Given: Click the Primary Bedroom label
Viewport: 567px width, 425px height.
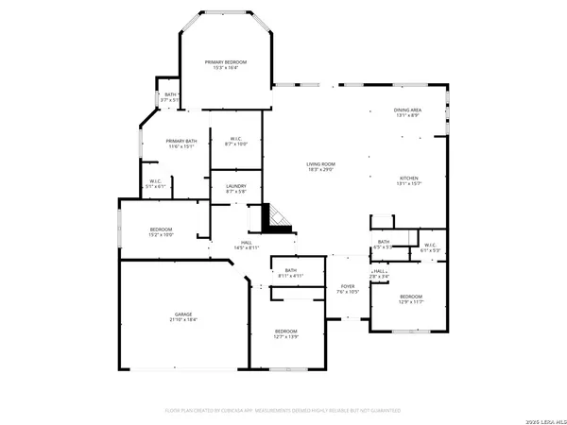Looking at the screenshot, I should click(226, 61).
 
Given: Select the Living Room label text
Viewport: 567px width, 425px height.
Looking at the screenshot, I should click(320, 163).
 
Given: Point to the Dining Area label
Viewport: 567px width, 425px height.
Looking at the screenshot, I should click(408, 110).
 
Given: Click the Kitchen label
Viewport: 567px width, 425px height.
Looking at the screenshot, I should click(408, 178).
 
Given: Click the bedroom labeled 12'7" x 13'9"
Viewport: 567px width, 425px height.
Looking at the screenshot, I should click(286, 331).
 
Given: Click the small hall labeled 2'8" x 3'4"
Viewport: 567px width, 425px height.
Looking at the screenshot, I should click(380, 274).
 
